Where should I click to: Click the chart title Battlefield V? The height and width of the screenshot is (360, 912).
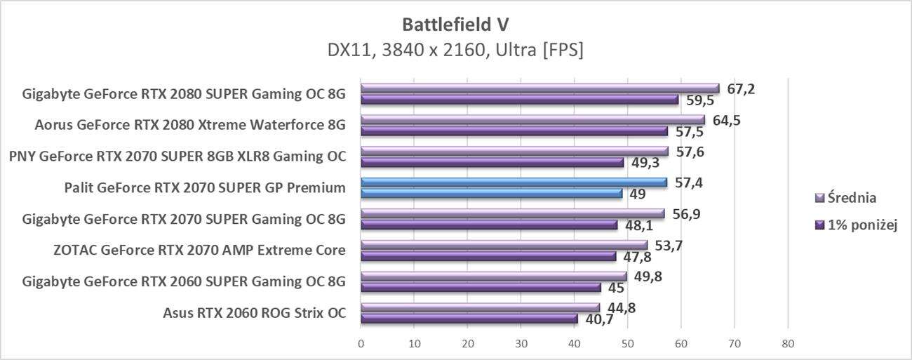(455, 24)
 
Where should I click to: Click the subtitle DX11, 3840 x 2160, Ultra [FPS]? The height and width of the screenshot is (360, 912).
(455, 51)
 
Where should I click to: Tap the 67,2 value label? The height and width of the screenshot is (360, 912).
(740, 89)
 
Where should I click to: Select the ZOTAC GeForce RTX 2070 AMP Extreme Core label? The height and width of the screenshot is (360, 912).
(199, 251)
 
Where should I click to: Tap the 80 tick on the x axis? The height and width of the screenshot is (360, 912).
(788, 344)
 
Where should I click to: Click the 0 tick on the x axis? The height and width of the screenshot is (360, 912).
(361, 344)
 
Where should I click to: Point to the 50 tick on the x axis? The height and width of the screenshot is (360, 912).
(627, 344)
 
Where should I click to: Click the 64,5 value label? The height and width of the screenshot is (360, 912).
(726, 120)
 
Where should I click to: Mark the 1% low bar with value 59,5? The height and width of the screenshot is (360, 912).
(519, 100)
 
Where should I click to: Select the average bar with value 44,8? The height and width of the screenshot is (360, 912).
(480, 307)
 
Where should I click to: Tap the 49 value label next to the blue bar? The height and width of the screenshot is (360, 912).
(638, 194)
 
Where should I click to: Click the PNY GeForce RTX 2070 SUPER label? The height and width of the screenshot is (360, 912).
(177, 156)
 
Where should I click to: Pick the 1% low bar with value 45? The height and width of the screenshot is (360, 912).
(481, 287)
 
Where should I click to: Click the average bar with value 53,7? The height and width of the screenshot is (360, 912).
(504, 245)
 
